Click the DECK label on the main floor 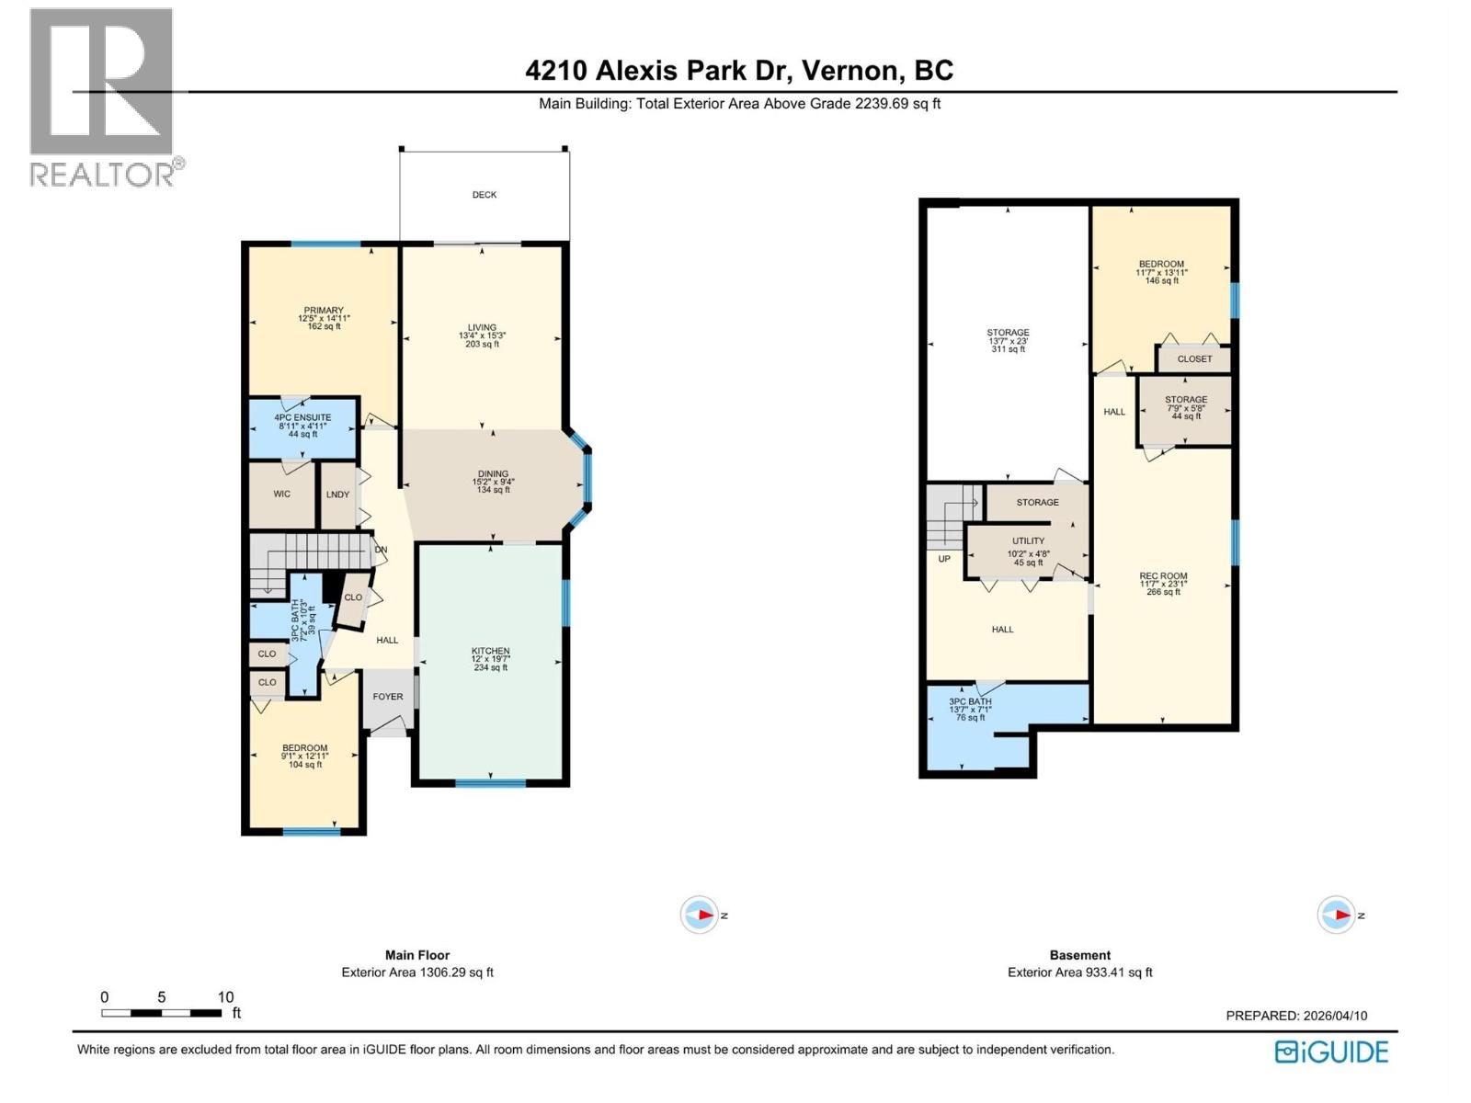(485, 195)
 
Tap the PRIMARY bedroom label (324, 311)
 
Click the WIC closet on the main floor (281, 495)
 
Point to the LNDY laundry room (337, 495)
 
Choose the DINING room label (493, 474)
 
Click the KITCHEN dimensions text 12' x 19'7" (490, 659)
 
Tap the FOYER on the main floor (388, 697)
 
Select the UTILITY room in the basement (1028, 541)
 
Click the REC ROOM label (1163, 576)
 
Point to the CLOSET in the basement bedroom (1194, 359)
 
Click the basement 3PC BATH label (971, 701)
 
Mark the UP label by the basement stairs (944, 559)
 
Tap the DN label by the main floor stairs (381, 550)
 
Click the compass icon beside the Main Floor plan (699, 915)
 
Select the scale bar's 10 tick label (225, 997)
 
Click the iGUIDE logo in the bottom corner (1331, 1052)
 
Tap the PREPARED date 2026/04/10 (1335, 1016)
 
